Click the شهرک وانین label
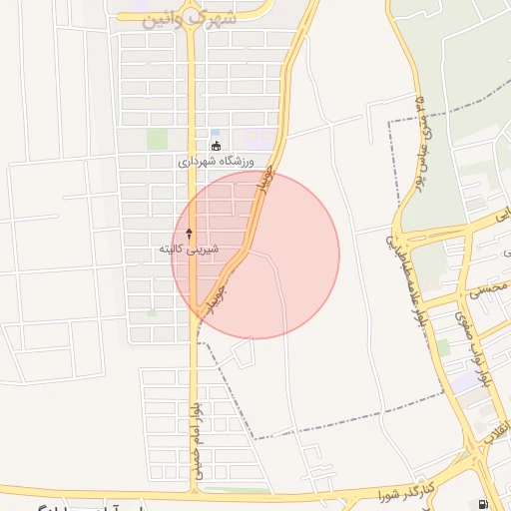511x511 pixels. point(193,17)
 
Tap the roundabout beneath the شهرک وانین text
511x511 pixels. point(193,5)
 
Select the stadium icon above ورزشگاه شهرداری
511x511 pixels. point(216,146)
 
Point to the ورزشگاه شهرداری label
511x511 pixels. point(216,161)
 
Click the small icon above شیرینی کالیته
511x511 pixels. point(189,233)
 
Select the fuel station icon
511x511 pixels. point(484,504)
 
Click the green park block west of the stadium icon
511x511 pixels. point(158,140)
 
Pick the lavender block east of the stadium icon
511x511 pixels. point(257,140)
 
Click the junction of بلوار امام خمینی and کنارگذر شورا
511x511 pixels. point(193,493)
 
